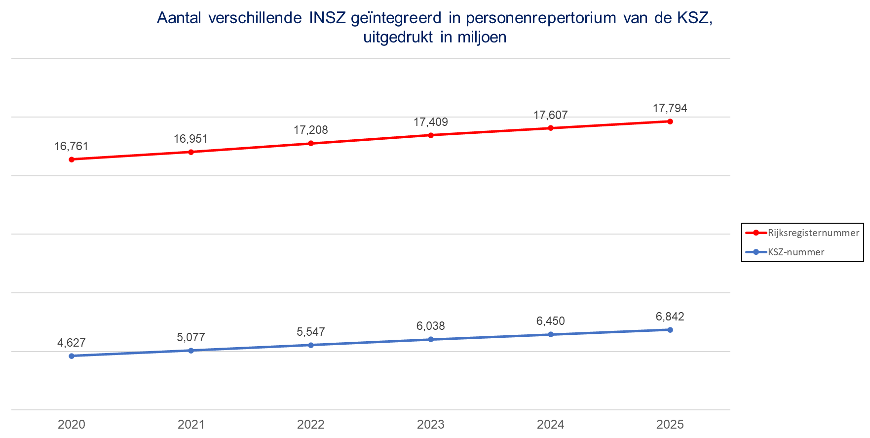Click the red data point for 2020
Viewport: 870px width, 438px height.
click(x=72, y=159)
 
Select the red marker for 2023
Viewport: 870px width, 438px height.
click(x=431, y=135)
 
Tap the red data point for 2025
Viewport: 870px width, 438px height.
click(x=670, y=121)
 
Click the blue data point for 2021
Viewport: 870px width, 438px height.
click(x=191, y=350)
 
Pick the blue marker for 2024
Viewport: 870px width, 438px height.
click(x=551, y=334)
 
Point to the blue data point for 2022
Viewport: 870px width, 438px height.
click(x=311, y=345)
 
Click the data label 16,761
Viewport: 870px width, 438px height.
click(x=71, y=146)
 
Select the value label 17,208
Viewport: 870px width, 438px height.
click(x=310, y=130)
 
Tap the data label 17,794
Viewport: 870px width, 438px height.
click(x=670, y=108)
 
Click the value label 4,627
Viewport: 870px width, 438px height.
click(x=72, y=343)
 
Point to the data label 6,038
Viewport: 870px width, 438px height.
click(x=430, y=326)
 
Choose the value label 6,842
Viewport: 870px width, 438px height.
click(x=670, y=317)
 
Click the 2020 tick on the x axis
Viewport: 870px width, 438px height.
click(x=72, y=424)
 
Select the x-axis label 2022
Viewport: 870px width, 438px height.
click(x=311, y=424)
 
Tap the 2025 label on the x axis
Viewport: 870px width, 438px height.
click(x=670, y=424)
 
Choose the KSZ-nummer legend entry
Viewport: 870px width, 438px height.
click(x=795, y=252)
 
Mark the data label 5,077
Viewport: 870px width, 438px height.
click(x=191, y=337)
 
